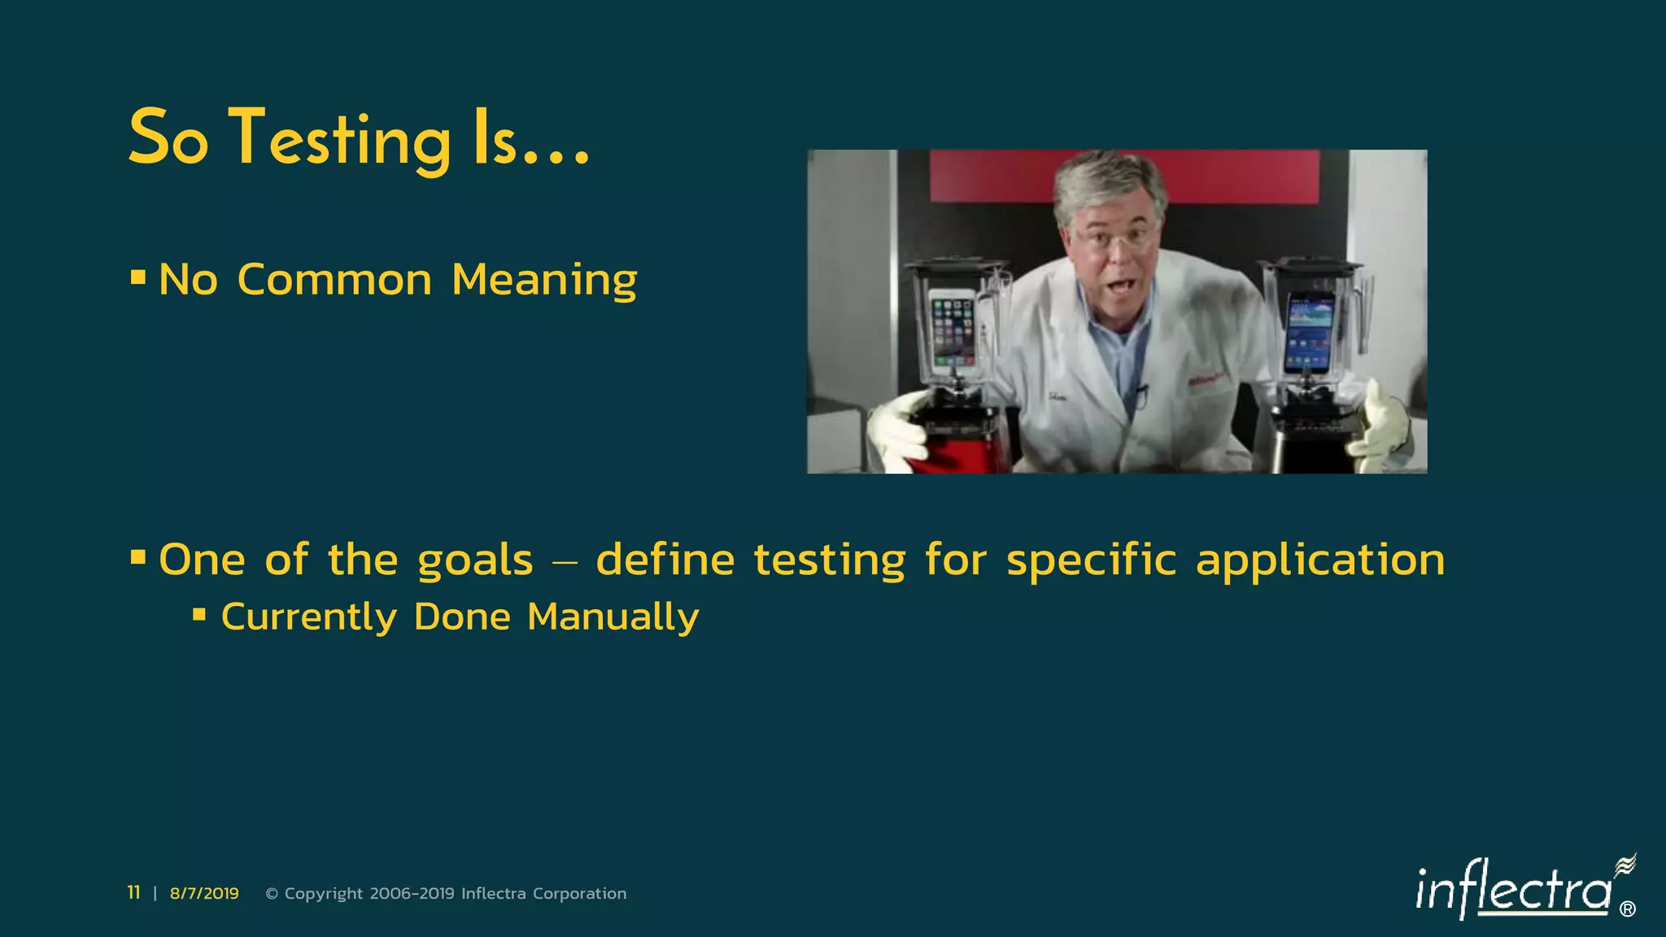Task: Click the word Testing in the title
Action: click(x=339, y=140)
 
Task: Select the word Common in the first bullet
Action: click(x=334, y=281)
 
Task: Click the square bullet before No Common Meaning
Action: click(x=138, y=278)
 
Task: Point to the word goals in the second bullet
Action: click(x=475, y=561)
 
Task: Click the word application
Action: click(x=1319, y=561)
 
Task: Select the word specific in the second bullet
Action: click(x=1091, y=561)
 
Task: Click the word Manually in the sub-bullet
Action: click(x=613, y=617)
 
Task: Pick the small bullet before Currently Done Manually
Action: click(x=199, y=614)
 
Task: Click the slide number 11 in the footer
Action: click(x=133, y=893)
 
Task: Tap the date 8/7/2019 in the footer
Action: click(x=204, y=893)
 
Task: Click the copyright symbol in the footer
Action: click(x=272, y=894)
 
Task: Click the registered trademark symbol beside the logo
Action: click(x=1627, y=909)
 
